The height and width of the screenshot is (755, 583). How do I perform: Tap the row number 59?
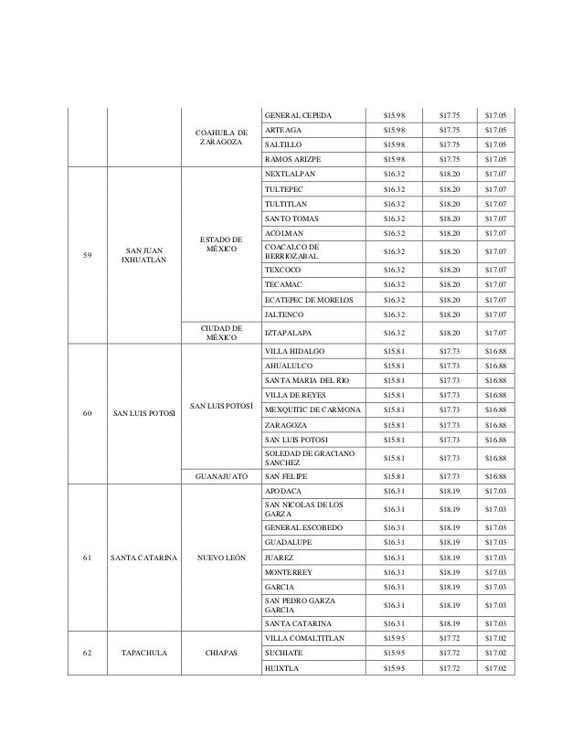(x=87, y=255)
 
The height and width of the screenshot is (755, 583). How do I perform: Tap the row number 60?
(x=87, y=413)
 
